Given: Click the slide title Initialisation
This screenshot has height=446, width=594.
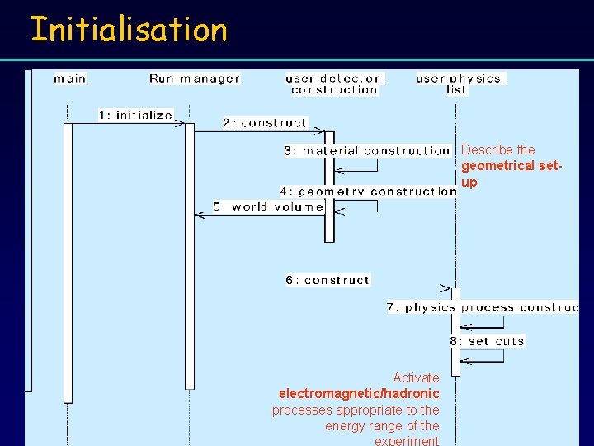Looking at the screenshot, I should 128,30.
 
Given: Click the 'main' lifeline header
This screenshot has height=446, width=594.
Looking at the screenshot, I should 70,78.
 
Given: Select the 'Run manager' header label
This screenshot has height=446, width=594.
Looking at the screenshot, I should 195,78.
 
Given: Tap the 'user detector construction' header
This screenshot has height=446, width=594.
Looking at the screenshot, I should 334,84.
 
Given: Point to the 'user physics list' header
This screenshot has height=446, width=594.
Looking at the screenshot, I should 460,83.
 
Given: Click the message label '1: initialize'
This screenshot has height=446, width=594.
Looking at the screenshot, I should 136,115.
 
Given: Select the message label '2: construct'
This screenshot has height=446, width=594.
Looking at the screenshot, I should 264,122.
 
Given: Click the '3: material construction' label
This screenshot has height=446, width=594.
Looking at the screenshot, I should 367,150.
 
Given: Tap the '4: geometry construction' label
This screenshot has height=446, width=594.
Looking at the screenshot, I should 368,192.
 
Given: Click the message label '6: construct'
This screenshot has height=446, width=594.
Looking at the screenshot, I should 328,280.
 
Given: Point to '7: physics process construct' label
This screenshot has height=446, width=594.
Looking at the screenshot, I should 483,307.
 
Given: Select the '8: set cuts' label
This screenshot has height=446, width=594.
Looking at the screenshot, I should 487,341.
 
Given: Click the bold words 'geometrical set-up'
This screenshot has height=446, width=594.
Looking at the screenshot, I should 510,173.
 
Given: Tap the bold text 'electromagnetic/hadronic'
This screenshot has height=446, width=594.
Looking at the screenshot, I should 359,393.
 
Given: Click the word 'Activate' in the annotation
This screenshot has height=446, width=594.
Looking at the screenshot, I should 416,377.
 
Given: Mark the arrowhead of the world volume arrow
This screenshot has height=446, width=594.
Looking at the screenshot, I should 197,215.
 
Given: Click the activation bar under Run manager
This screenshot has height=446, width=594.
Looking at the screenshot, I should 190,256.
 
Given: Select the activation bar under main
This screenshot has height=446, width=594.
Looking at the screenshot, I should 68,264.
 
